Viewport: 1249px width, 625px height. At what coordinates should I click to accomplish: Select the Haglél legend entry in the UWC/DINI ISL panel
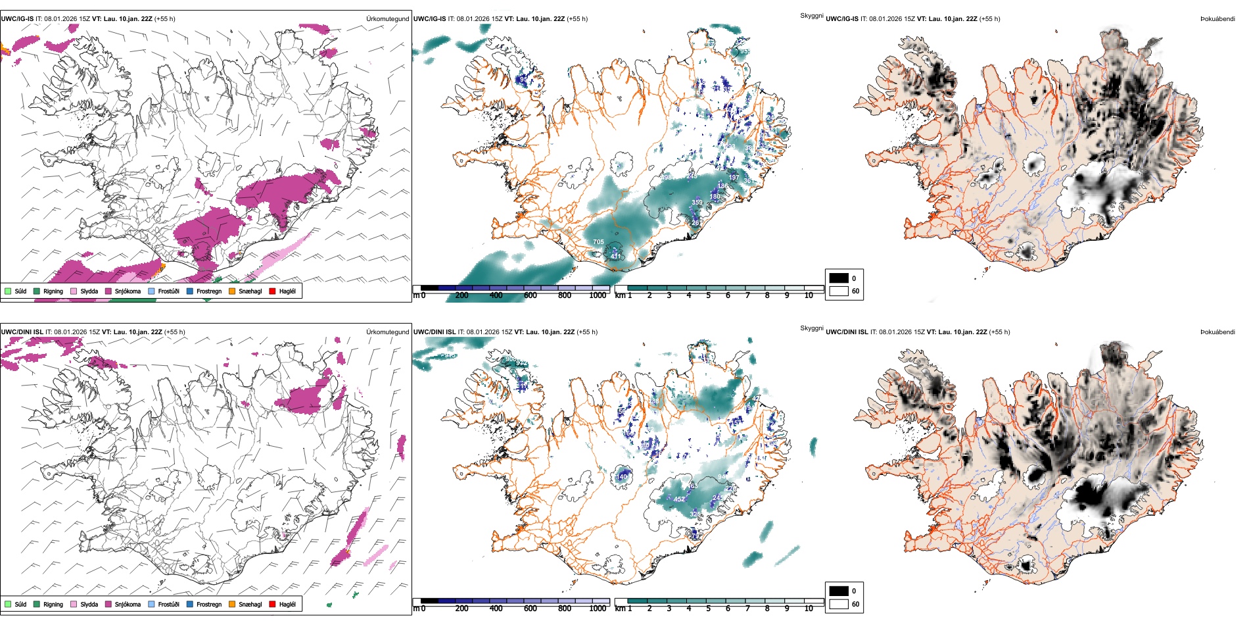(x=287, y=604)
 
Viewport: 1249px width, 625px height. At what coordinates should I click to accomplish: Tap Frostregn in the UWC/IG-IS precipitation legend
(x=208, y=291)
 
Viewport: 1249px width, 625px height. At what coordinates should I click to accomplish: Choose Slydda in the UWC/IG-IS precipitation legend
(x=89, y=291)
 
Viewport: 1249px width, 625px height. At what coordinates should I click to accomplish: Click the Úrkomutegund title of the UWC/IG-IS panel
(x=387, y=19)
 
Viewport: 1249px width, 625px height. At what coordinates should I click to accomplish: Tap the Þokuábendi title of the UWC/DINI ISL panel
(x=1217, y=332)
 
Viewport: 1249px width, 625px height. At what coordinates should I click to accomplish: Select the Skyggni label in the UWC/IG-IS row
(x=811, y=16)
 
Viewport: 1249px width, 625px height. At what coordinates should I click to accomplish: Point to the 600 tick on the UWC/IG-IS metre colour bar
(x=530, y=295)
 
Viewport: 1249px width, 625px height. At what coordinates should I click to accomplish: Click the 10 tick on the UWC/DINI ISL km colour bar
(x=809, y=609)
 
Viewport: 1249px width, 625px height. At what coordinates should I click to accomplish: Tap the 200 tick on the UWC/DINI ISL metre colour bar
(x=462, y=609)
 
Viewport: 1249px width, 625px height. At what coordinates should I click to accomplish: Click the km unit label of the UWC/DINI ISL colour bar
(x=620, y=609)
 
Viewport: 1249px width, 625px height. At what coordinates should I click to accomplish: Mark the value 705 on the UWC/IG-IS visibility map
(x=598, y=242)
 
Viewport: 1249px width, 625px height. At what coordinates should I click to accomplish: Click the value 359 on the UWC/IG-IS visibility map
(x=697, y=203)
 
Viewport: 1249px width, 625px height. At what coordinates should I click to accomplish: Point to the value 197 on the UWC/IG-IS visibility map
(x=734, y=178)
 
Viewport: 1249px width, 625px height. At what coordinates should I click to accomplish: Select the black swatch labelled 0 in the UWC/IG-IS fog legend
(x=839, y=278)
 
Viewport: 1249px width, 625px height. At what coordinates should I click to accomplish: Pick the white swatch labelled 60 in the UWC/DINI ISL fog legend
(x=839, y=604)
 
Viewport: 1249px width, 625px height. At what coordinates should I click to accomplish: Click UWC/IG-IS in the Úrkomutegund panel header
(x=17, y=19)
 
